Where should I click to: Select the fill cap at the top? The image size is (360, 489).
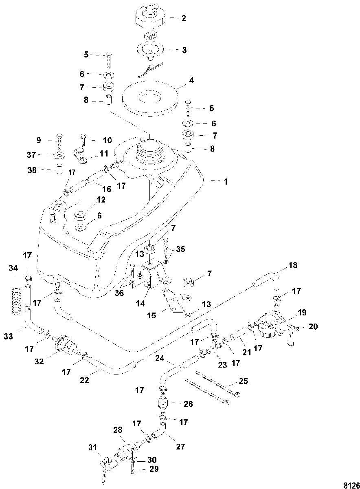click(x=151, y=16)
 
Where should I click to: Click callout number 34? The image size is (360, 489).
click(x=13, y=268)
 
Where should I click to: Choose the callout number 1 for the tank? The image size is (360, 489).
click(x=226, y=181)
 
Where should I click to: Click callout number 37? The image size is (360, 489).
click(x=31, y=155)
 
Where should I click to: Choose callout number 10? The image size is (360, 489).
click(x=107, y=140)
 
